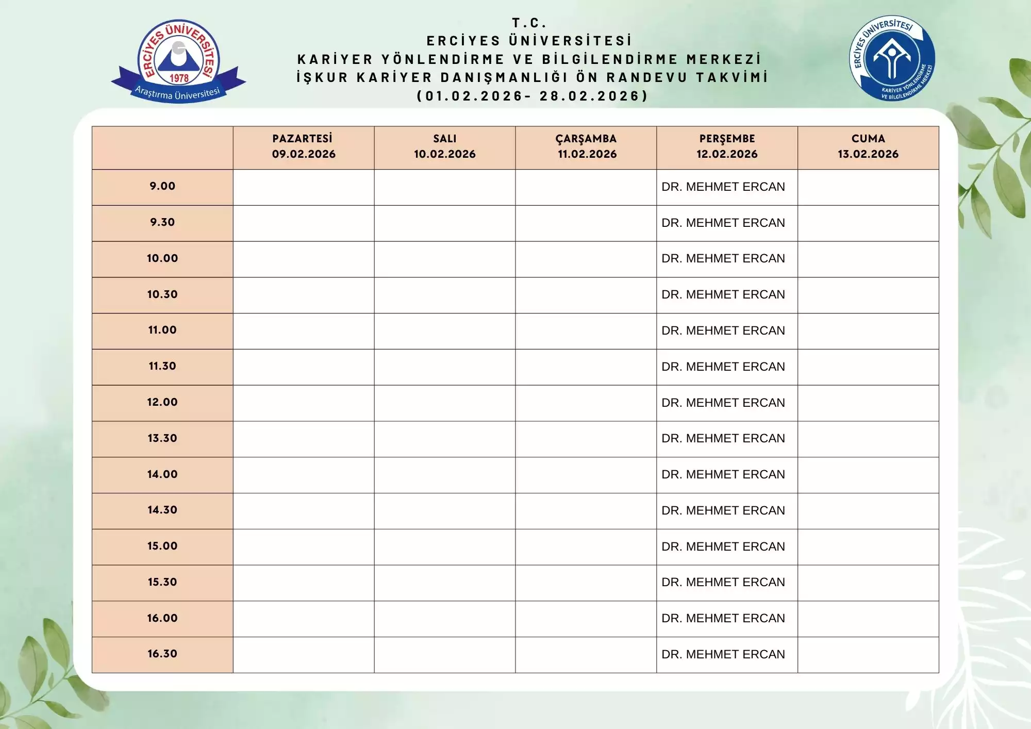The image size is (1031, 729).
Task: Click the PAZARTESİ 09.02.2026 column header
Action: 304,146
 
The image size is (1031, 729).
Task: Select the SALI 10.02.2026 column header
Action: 444,146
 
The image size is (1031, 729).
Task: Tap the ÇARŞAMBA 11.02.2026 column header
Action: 586,146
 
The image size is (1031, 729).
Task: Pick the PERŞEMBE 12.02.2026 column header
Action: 727,146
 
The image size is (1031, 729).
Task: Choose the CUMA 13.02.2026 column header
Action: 868,146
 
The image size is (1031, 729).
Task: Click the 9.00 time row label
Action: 162,186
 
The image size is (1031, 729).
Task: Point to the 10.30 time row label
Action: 162,294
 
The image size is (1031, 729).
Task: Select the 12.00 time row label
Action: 162,402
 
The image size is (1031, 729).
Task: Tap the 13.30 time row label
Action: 162,438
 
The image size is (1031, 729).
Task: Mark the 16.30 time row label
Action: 162,654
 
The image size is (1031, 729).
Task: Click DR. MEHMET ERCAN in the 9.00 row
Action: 723,187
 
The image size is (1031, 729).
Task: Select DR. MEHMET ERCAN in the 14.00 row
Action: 723,474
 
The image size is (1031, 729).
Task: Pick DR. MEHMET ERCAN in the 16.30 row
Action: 723,654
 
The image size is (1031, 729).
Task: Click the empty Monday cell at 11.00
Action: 304,331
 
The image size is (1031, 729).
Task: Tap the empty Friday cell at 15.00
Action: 868,547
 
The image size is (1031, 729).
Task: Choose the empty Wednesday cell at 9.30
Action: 586,223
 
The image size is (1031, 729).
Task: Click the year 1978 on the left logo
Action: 179,78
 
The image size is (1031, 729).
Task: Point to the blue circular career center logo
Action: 892,58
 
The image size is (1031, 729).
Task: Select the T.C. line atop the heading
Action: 529,23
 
